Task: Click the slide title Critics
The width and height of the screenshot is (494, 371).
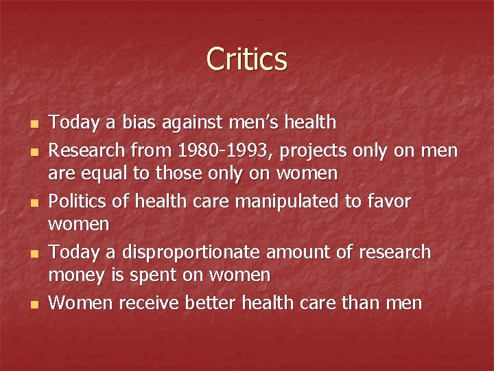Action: pos(246,59)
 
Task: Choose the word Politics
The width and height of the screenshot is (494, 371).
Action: pos(77,201)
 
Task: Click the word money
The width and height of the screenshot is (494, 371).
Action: pos(73,276)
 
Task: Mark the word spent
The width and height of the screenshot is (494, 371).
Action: pos(141,276)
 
